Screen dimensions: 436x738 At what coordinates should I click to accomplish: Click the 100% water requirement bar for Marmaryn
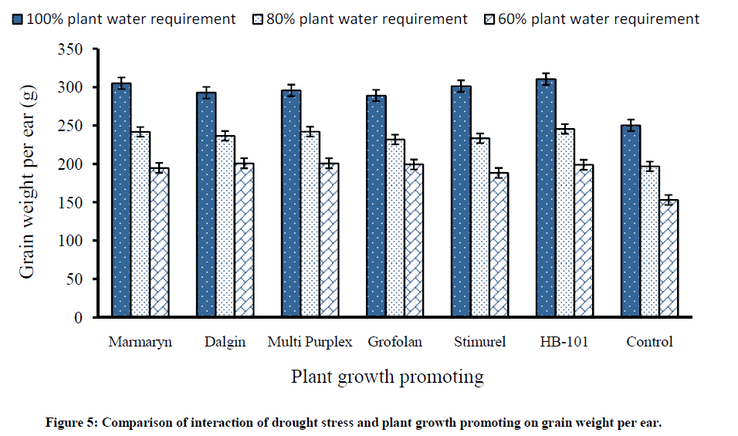pos(121,200)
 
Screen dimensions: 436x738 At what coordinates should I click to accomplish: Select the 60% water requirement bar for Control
pos(669,259)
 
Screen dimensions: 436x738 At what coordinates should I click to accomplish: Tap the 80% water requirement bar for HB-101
pos(566,223)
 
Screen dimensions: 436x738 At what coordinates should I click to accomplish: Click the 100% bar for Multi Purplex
pos(291,204)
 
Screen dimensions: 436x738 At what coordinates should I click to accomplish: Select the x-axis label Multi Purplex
pos(310,342)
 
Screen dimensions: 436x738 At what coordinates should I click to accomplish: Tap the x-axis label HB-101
pos(565,342)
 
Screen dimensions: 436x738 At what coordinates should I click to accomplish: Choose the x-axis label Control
pos(649,342)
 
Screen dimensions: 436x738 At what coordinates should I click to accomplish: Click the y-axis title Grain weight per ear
pos(28,184)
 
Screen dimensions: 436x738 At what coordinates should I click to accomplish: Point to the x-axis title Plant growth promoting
pos(387,377)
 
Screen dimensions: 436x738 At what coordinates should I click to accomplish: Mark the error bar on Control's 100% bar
pos(631,126)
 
